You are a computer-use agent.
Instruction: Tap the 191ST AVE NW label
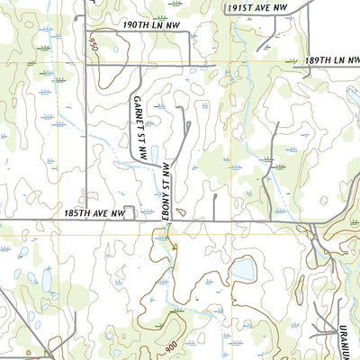(x=256, y=6)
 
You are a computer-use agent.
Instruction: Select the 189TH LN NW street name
(x=331, y=60)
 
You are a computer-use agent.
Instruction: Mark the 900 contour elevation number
(x=171, y=345)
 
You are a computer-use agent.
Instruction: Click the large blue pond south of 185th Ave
(x=241, y=269)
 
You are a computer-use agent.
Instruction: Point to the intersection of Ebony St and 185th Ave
(x=166, y=219)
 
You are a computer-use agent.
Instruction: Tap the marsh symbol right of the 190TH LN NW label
(x=160, y=17)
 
